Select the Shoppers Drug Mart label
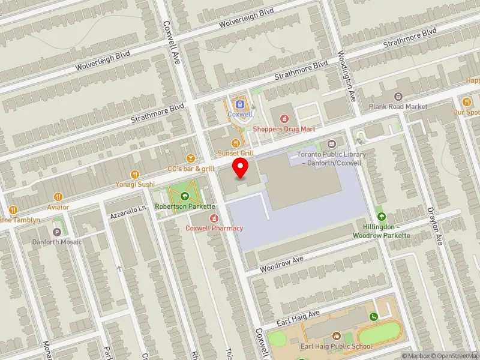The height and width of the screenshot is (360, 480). point(284,128)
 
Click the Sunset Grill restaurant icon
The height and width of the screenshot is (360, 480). point(236,143)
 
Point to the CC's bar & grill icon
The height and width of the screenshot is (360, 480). point(191,158)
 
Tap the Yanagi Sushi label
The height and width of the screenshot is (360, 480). point(136,184)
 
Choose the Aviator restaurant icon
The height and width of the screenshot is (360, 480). point(58,196)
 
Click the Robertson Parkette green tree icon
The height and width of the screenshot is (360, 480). point(185,196)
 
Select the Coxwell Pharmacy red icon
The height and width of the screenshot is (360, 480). point(214,217)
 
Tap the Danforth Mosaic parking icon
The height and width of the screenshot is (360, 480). point(58,232)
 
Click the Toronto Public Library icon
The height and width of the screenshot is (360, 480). point(332,144)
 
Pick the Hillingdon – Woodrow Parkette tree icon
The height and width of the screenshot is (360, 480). point(381,217)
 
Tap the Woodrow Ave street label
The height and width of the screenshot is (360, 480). point(281,263)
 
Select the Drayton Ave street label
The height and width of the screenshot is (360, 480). point(434,227)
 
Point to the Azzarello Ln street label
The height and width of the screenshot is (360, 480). point(128,212)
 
